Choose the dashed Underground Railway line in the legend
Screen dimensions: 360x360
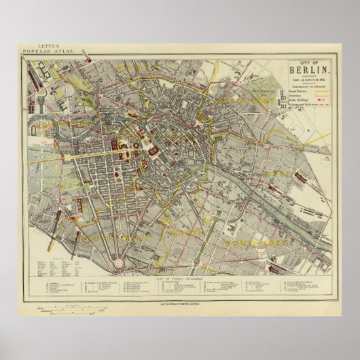click(320, 105)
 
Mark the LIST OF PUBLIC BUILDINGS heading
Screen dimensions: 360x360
click(181, 270)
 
